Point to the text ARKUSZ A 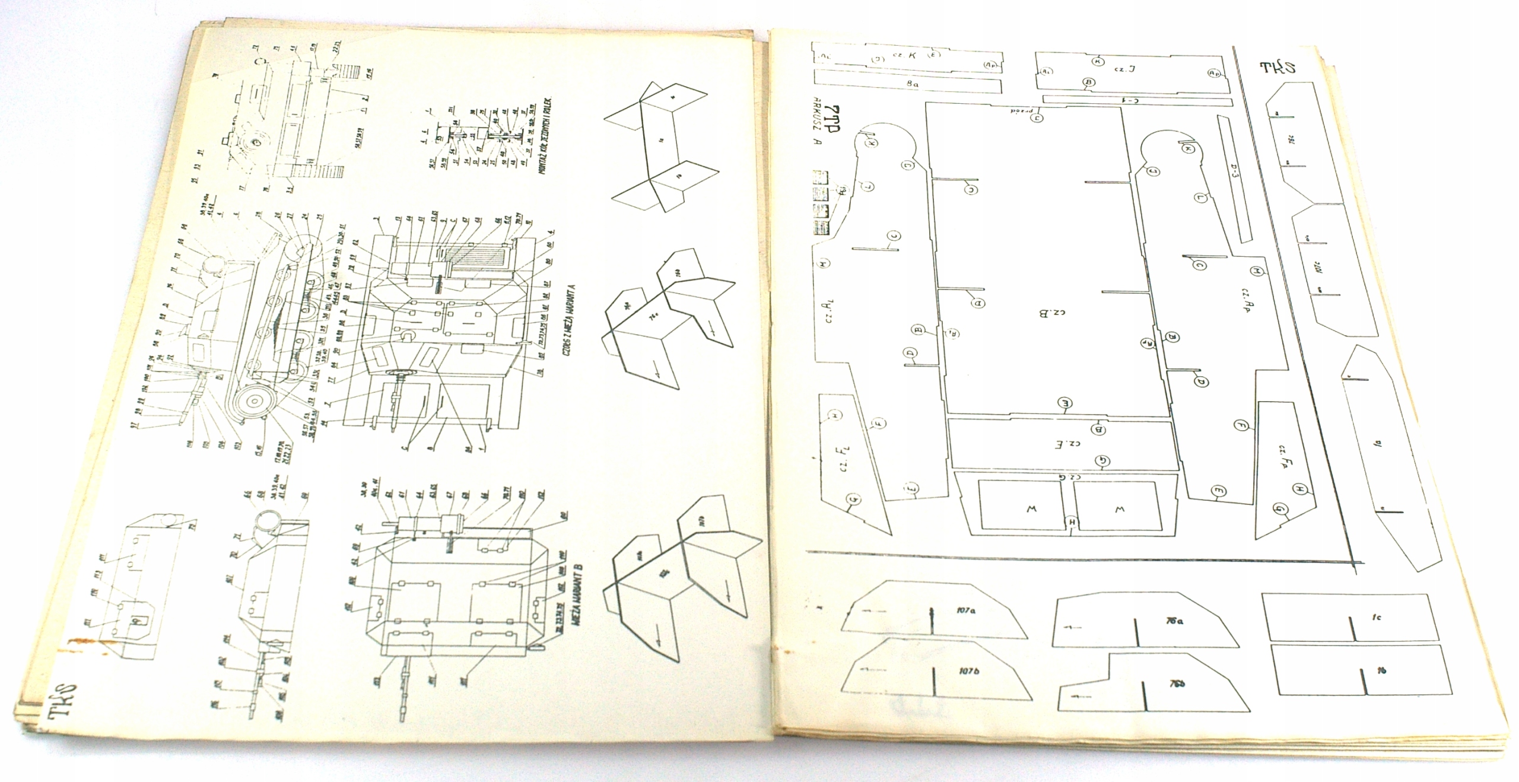817,126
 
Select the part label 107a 965,611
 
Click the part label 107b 968,672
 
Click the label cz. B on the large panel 1048,312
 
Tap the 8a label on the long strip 913,84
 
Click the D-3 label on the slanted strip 1232,177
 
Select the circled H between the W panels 1072,522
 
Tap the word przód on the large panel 1020,110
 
